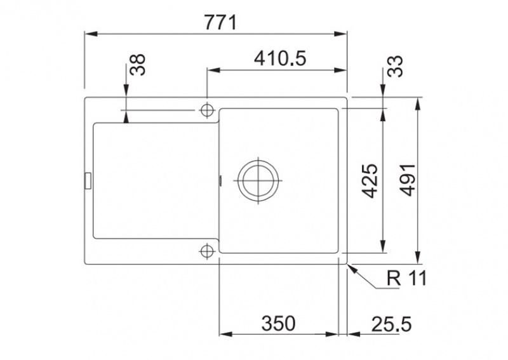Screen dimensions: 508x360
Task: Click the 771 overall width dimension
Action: coord(220,23)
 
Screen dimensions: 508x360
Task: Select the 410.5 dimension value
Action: coord(280,58)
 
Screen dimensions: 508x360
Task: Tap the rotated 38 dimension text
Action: coord(138,65)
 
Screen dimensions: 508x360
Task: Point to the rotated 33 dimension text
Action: coord(395,67)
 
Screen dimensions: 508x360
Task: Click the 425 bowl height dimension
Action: coord(370,181)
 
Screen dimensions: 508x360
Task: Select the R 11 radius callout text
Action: coord(407,278)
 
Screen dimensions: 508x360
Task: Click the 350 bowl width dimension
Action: coord(278,323)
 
